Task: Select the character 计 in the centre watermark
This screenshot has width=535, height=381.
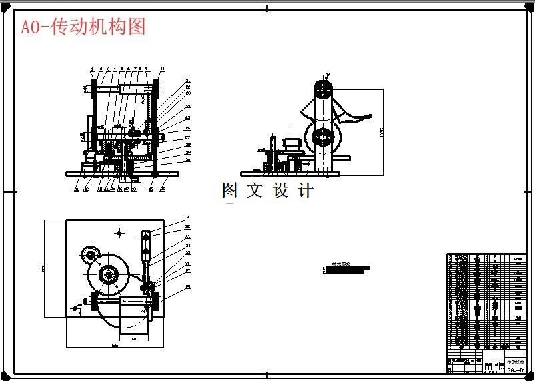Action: click(x=306, y=190)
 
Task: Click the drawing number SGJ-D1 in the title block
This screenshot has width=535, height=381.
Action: click(x=516, y=370)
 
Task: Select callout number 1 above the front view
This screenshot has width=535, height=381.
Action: click(x=92, y=69)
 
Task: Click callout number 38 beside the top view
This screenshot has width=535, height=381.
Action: click(x=188, y=287)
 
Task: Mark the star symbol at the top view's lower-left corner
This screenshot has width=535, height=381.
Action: click(x=75, y=308)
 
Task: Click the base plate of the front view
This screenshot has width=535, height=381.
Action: click(x=122, y=173)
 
